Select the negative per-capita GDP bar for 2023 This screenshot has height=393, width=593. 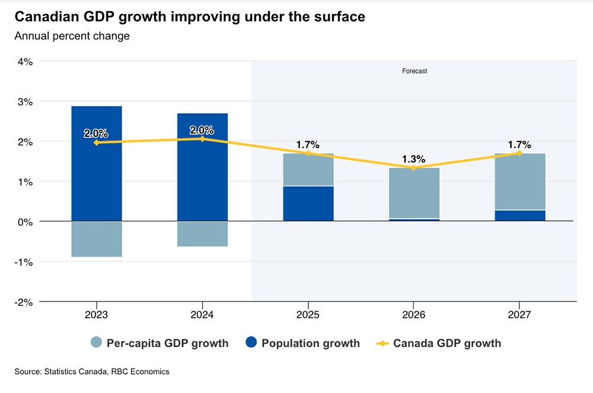click(x=97, y=239)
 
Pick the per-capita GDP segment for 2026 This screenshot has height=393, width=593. click(x=414, y=193)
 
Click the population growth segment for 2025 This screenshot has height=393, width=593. click(x=308, y=203)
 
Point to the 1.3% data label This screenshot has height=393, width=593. click(x=414, y=159)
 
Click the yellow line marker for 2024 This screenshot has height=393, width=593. click(x=202, y=139)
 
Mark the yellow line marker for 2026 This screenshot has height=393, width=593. click(x=414, y=168)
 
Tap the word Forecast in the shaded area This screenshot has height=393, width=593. click(x=415, y=71)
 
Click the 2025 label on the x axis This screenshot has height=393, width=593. click(x=308, y=314)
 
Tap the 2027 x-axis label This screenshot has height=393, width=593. click(x=519, y=314)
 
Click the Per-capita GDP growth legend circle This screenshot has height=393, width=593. click(x=97, y=343)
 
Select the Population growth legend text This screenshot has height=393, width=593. click(x=310, y=343)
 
